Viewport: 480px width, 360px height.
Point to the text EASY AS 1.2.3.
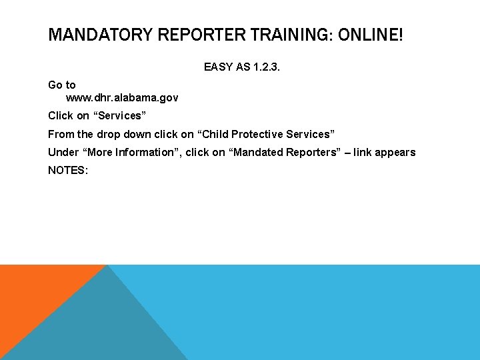242,67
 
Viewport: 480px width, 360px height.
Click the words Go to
62,85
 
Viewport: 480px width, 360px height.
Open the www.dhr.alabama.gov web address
122,98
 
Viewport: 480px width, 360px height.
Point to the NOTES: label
68,170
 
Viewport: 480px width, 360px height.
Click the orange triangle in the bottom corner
33,293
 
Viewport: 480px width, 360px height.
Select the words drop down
125,134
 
